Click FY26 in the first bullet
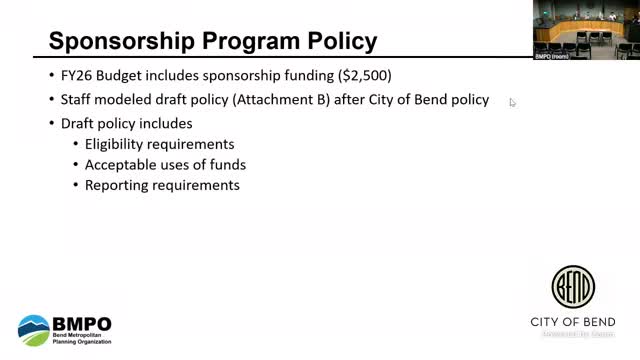(x=75, y=77)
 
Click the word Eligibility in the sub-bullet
(x=118, y=143)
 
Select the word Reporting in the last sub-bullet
(x=117, y=185)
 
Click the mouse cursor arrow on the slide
(x=512, y=101)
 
